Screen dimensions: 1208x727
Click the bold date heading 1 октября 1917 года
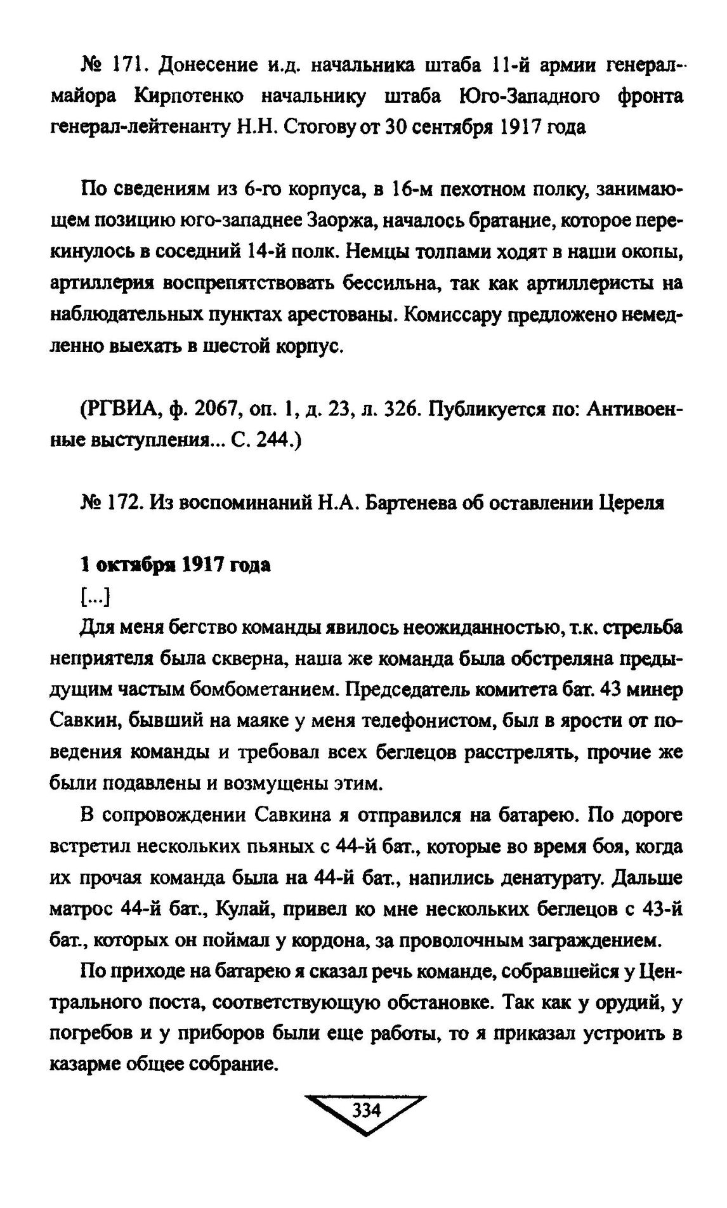pyautogui.click(x=175, y=565)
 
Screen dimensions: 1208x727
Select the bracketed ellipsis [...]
pyautogui.click(x=96, y=596)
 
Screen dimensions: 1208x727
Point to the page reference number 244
pyautogui.click(x=268, y=440)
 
